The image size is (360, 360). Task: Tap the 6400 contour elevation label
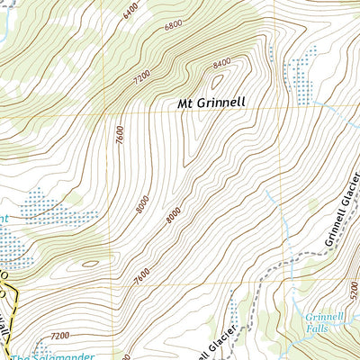(130, 10)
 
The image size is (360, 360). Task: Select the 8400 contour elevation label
(221, 64)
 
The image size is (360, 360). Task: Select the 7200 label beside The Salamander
(59, 336)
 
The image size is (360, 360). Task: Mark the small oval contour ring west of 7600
(90, 265)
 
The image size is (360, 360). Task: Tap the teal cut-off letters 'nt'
(4, 218)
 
